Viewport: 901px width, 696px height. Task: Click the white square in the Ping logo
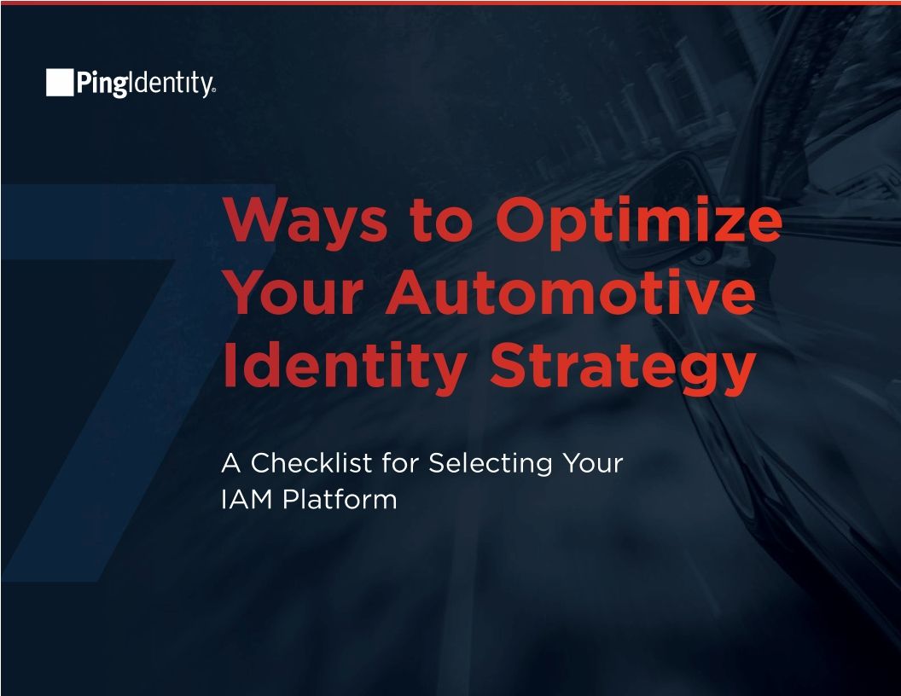point(60,83)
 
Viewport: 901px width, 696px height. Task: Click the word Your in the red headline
point(294,294)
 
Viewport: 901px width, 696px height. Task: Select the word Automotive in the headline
point(570,294)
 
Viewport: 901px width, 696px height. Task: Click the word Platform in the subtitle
point(340,499)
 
